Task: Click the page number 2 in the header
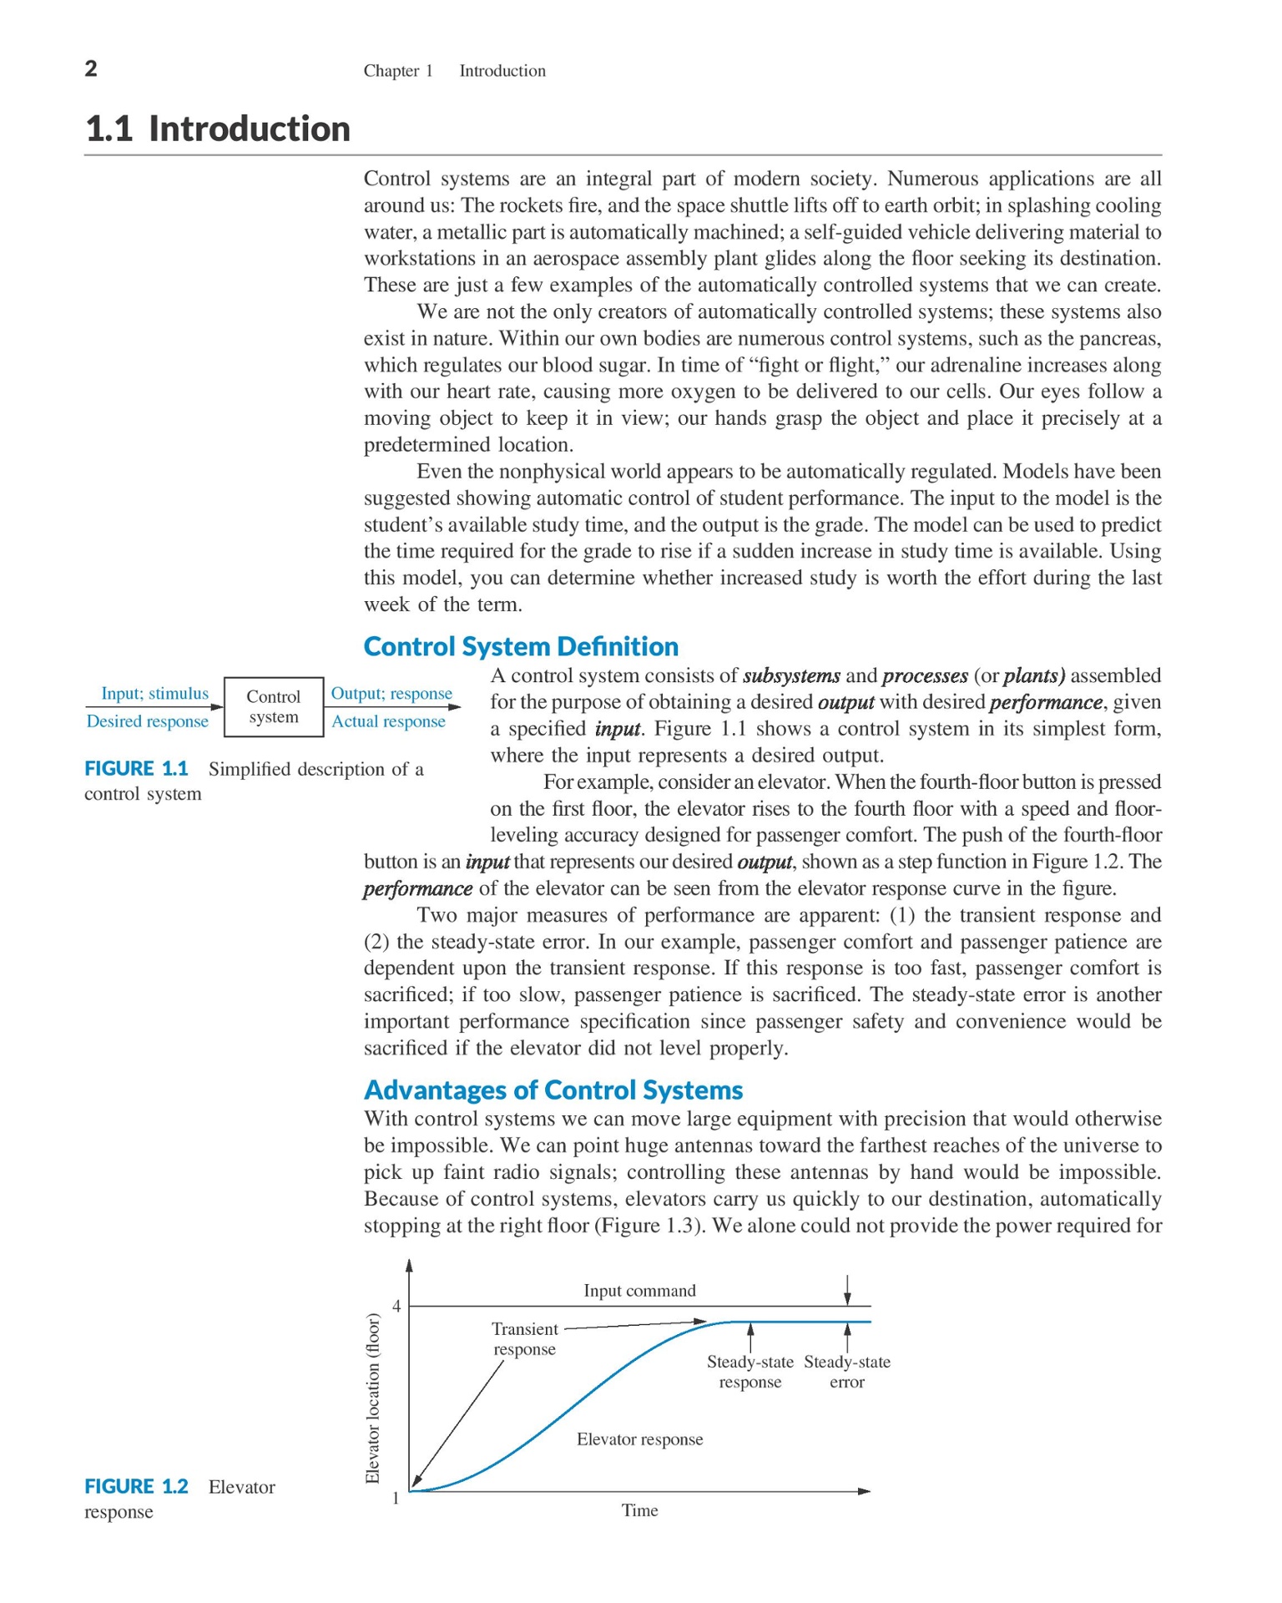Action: pyautogui.click(x=91, y=68)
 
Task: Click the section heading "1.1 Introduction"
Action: pyautogui.click(x=218, y=129)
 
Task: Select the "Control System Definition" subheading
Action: pyautogui.click(x=521, y=646)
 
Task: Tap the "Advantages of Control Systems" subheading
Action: pyautogui.click(x=553, y=1090)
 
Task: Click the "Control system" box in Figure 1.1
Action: pyautogui.click(x=274, y=707)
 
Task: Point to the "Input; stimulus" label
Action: pyautogui.click(x=154, y=693)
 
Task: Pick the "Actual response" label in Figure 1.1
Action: pyautogui.click(x=388, y=721)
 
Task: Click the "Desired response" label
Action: pyautogui.click(x=147, y=721)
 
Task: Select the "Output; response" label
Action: pyautogui.click(x=391, y=693)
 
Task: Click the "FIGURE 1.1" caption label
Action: pyautogui.click(x=136, y=768)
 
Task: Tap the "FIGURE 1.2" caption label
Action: pyautogui.click(x=136, y=1486)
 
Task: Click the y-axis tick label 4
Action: pyautogui.click(x=396, y=1306)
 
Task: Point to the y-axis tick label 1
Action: pyautogui.click(x=396, y=1498)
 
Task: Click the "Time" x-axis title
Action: pyautogui.click(x=639, y=1510)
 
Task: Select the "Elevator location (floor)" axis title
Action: pyautogui.click(x=373, y=1398)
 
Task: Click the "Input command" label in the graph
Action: pyautogui.click(x=639, y=1291)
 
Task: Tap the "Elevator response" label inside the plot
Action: pyautogui.click(x=639, y=1439)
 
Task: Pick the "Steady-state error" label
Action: pyautogui.click(x=846, y=1372)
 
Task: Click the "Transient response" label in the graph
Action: pyautogui.click(x=524, y=1339)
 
